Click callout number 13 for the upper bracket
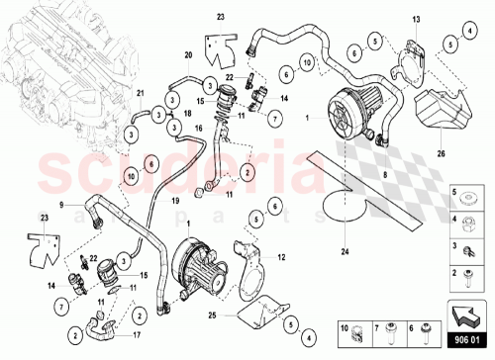coord(417,20)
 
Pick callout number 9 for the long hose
coord(61,205)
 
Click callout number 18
coord(185,115)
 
